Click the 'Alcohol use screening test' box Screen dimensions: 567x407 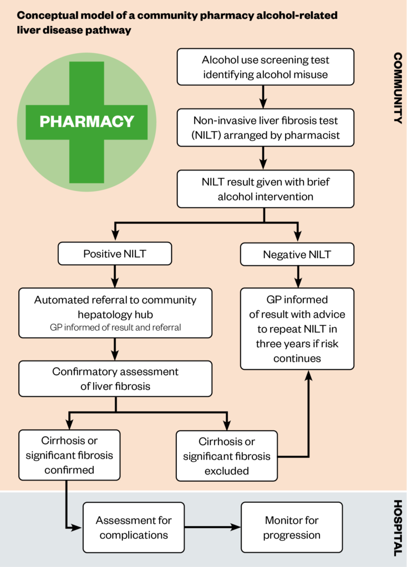tap(265, 66)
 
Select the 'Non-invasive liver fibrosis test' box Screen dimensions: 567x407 tap(265, 127)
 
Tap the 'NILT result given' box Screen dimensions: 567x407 tap(265, 188)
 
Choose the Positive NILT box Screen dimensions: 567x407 tap(115, 254)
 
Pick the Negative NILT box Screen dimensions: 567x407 tap(297, 255)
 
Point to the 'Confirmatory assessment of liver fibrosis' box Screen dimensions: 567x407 tap(115, 378)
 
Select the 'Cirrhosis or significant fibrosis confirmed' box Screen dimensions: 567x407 tap(69, 455)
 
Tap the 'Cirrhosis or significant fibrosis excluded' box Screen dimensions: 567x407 tap(227, 456)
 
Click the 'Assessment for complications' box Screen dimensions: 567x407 tap(134, 527)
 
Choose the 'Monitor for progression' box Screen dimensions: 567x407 tap(292, 527)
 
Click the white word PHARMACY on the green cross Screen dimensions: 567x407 tap(87, 122)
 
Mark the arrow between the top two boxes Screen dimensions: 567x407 tap(264, 97)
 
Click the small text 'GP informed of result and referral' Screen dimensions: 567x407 tap(115, 327)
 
